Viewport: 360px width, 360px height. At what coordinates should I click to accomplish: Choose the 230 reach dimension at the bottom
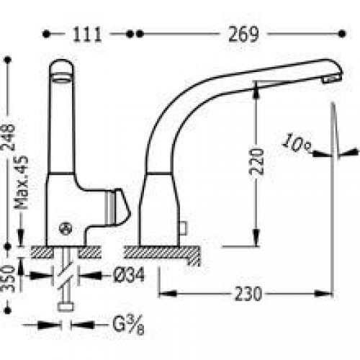[x=246, y=294]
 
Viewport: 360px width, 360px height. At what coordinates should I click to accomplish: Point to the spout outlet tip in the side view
[x=333, y=78]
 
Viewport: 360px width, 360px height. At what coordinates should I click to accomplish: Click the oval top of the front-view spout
[x=62, y=68]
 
